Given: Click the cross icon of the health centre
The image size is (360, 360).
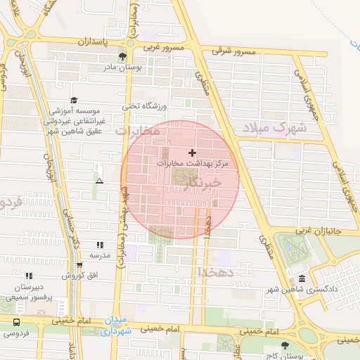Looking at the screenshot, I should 193,153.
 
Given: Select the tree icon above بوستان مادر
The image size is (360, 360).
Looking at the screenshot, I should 124,56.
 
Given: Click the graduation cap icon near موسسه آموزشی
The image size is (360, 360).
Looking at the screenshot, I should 75,101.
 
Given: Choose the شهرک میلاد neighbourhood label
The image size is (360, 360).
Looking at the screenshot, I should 275,128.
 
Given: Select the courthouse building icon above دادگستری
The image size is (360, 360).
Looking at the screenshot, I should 302,278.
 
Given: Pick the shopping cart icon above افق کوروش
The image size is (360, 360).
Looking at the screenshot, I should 79,265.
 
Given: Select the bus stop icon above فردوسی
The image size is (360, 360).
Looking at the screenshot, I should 16,321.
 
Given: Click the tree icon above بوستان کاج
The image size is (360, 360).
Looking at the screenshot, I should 285,345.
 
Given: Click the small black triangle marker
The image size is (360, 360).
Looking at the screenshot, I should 99,181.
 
